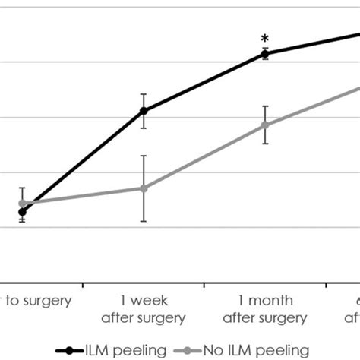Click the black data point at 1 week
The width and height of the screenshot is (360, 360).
[x=144, y=111]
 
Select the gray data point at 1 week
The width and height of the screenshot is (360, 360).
[x=144, y=188]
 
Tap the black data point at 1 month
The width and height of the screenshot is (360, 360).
[x=265, y=53]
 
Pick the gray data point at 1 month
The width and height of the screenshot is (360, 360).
[x=265, y=125]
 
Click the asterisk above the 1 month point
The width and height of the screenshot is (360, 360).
[x=264, y=39]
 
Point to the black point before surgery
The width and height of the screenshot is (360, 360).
[x=23, y=212]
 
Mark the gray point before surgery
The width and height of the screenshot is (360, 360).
[x=23, y=204]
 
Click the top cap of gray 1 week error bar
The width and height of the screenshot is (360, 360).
[x=144, y=156]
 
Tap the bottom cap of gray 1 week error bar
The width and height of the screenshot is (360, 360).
[x=144, y=221]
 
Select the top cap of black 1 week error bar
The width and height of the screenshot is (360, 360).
[x=144, y=94]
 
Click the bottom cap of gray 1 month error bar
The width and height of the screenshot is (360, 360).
[x=265, y=144]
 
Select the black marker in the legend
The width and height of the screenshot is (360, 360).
[x=71, y=350]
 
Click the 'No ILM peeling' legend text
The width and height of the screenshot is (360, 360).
[x=255, y=350]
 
